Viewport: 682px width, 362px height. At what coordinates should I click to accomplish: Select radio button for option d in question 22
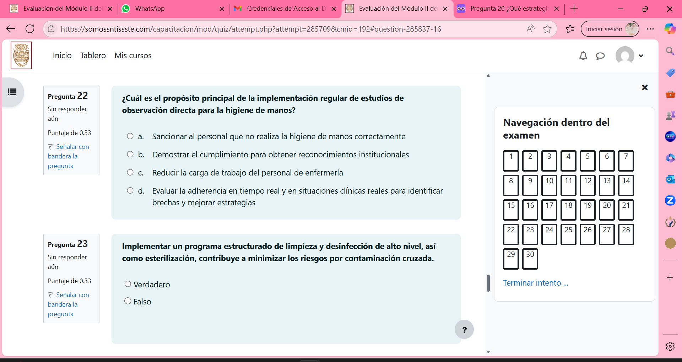coord(130,191)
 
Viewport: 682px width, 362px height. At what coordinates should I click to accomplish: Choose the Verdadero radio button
coord(128,284)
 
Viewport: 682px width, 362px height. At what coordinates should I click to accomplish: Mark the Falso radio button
coord(128,301)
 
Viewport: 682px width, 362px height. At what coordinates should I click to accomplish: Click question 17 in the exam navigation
coord(549,210)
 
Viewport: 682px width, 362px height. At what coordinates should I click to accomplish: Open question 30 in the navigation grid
coord(530,259)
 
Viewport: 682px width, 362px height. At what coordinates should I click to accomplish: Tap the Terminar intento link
coord(535,283)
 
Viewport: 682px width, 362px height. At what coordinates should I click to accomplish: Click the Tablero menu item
coord(93,55)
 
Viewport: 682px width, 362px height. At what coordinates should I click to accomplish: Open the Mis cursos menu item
coord(133,55)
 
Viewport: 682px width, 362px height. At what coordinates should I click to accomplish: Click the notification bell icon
coord(583,56)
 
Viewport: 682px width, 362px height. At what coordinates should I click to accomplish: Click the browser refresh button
coord(30,29)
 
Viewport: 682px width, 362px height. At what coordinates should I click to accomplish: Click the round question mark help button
coord(464,330)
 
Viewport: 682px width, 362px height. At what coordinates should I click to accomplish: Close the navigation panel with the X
coord(645,87)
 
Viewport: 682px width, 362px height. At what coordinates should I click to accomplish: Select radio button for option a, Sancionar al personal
coord(130,136)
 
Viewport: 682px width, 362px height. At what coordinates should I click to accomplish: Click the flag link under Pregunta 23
coord(68,304)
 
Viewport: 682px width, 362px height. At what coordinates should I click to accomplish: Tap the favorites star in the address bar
coord(547,29)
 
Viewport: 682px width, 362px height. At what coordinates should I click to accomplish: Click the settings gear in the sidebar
coord(670,346)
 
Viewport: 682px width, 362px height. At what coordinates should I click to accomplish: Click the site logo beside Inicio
coord(21,55)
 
